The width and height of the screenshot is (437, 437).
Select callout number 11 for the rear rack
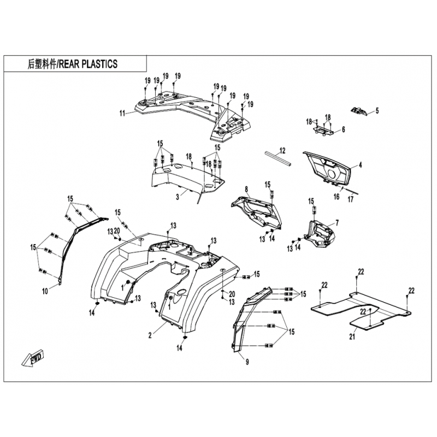[122, 114]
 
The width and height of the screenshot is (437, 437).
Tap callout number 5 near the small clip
[377, 111]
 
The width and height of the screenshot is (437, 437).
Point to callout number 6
[344, 129]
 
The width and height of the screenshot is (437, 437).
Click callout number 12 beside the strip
[282, 151]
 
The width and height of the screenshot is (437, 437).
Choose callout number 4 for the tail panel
[361, 165]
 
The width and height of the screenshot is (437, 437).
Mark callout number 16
[336, 197]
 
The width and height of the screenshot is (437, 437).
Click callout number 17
[350, 199]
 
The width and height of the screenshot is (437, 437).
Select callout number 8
[246, 190]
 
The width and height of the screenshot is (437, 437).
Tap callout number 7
[337, 223]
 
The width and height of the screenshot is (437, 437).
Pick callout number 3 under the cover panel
[178, 197]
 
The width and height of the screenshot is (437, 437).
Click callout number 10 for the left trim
[45, 292]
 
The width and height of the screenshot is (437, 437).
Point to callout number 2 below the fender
[150, 335]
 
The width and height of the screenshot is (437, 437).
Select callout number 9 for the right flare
[247, 362]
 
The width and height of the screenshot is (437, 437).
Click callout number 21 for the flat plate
[352, 336]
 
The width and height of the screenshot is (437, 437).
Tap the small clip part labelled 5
[359, 111]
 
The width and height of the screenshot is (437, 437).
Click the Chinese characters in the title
[42, 64]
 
